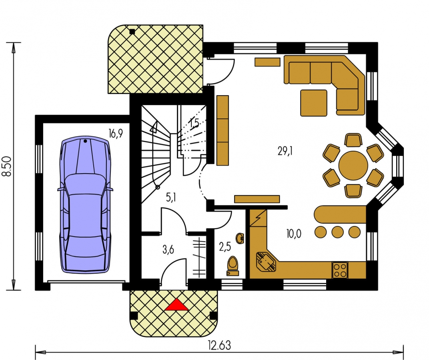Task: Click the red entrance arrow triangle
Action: [176, 305]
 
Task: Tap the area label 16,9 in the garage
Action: [116, 134]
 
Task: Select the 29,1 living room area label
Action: [285, 151]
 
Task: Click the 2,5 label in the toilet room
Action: [225, 246]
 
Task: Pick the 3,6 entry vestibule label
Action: [168, 250]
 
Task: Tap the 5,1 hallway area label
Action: [171, 197]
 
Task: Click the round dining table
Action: [353, 165]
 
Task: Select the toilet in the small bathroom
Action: [233, 266]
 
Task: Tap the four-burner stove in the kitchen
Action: [340, 270]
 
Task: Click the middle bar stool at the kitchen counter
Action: [338, 232]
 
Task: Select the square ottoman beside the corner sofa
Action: [314, 103]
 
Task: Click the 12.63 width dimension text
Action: [219, 345]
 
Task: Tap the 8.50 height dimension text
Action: [7, 166]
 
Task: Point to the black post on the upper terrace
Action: [132, 32]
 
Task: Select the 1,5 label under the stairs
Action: [194, 124]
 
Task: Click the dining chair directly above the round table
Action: [353, 140]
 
